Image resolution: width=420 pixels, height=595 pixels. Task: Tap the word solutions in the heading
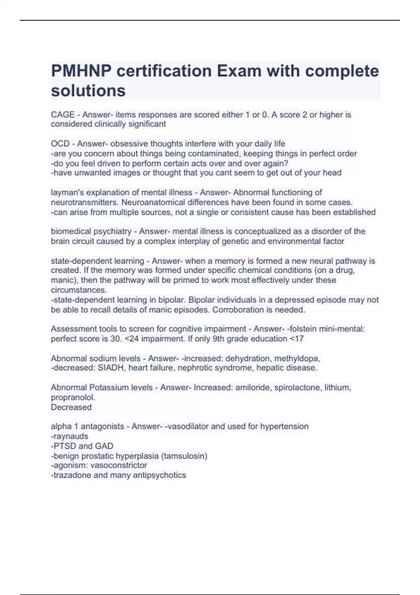pos(88,91)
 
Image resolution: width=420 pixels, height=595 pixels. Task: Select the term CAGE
pos(63,115)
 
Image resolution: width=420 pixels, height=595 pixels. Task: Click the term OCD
pos(60,144)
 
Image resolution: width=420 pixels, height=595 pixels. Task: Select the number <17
pos(297,339)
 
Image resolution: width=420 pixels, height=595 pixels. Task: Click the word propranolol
pos(73,398)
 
